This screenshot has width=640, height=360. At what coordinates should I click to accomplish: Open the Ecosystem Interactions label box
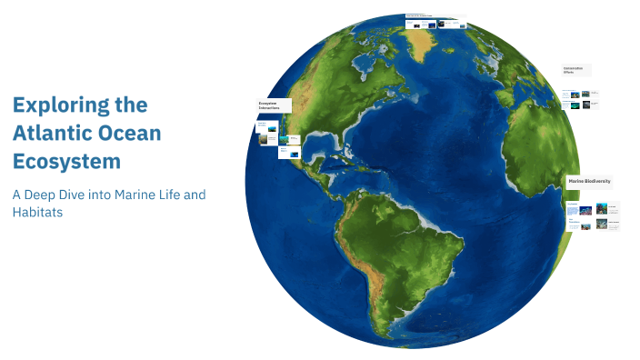coord(274,105)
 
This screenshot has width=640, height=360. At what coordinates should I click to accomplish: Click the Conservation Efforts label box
coord(575,69)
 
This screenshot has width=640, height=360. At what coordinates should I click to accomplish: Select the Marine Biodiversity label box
coord(589,182)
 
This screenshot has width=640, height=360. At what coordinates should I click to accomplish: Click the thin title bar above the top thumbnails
coord(435,16)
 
